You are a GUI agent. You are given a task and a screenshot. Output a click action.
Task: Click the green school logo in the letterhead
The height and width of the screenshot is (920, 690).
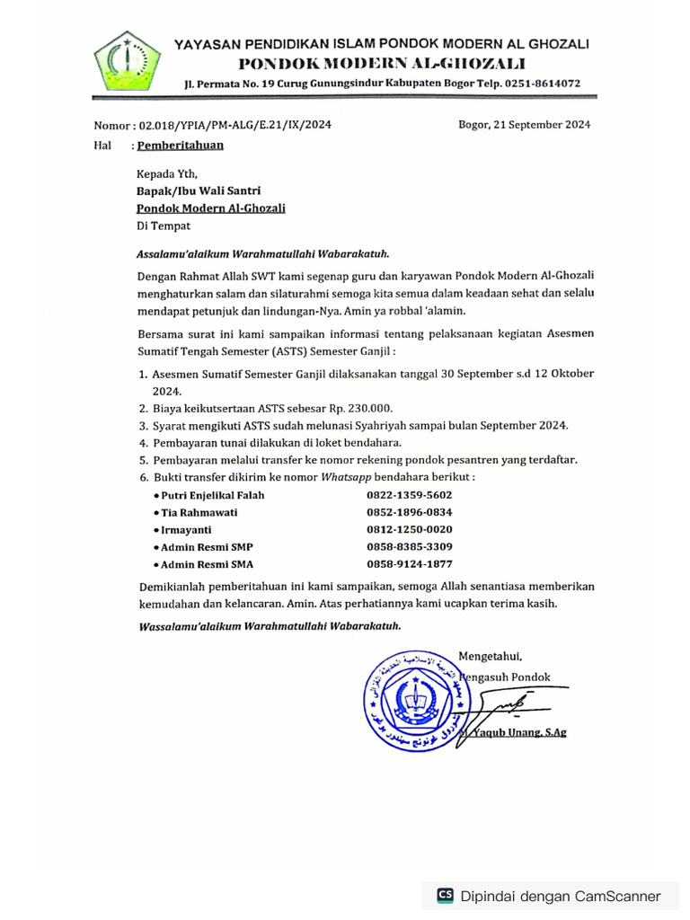pos(128,62)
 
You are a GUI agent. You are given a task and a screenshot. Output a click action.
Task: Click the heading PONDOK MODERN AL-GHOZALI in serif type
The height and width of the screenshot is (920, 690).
pos(382,63)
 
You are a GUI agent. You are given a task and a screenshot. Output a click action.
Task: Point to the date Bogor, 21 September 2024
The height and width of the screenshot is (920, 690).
pos(524,126)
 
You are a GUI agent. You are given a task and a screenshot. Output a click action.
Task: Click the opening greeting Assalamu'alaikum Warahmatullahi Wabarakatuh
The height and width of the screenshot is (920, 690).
pos(262,254)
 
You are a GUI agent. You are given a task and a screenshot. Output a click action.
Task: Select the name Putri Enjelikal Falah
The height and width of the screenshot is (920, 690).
pos(212,495)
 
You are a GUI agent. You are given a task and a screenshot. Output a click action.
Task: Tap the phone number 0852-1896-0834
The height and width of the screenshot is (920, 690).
pos(409,512)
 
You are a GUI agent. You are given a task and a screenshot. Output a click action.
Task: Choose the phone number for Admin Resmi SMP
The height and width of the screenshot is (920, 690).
pos(409,547)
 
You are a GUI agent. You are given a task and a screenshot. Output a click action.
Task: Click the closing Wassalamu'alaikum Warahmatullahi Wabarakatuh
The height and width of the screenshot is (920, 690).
pos(269,625)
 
